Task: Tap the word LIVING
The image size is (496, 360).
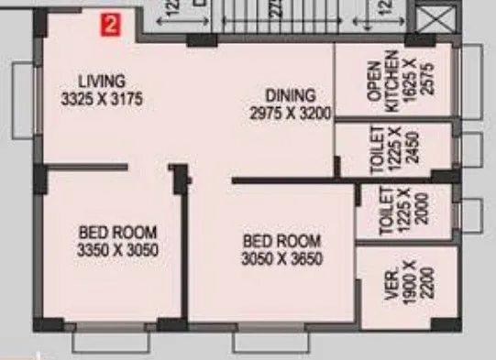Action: [101, 81]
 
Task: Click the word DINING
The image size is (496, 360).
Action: [290, 95]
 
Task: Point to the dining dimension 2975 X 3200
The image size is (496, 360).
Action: [290, 112]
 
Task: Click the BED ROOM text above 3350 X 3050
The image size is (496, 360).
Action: [117, 231]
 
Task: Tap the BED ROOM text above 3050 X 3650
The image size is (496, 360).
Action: [282, 241]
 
